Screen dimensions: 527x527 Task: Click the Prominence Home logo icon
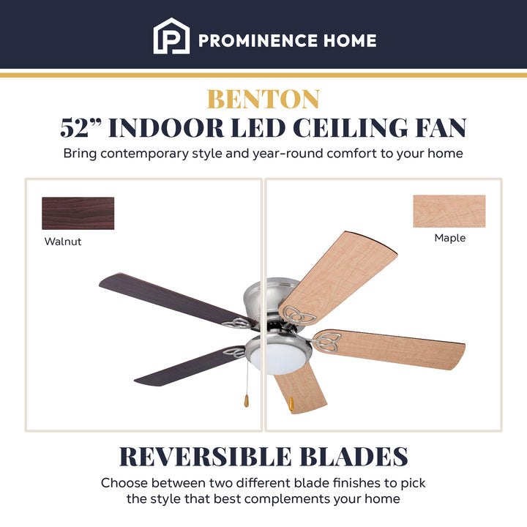(171, 36)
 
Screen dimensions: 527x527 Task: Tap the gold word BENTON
(263, 99)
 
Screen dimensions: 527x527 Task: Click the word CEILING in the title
(356, 127)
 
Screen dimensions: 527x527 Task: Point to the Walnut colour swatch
(78, 213)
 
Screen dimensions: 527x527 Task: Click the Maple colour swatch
(449, 211)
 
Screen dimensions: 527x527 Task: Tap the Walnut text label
(63, 242)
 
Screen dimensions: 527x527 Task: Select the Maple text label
(449, 238)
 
